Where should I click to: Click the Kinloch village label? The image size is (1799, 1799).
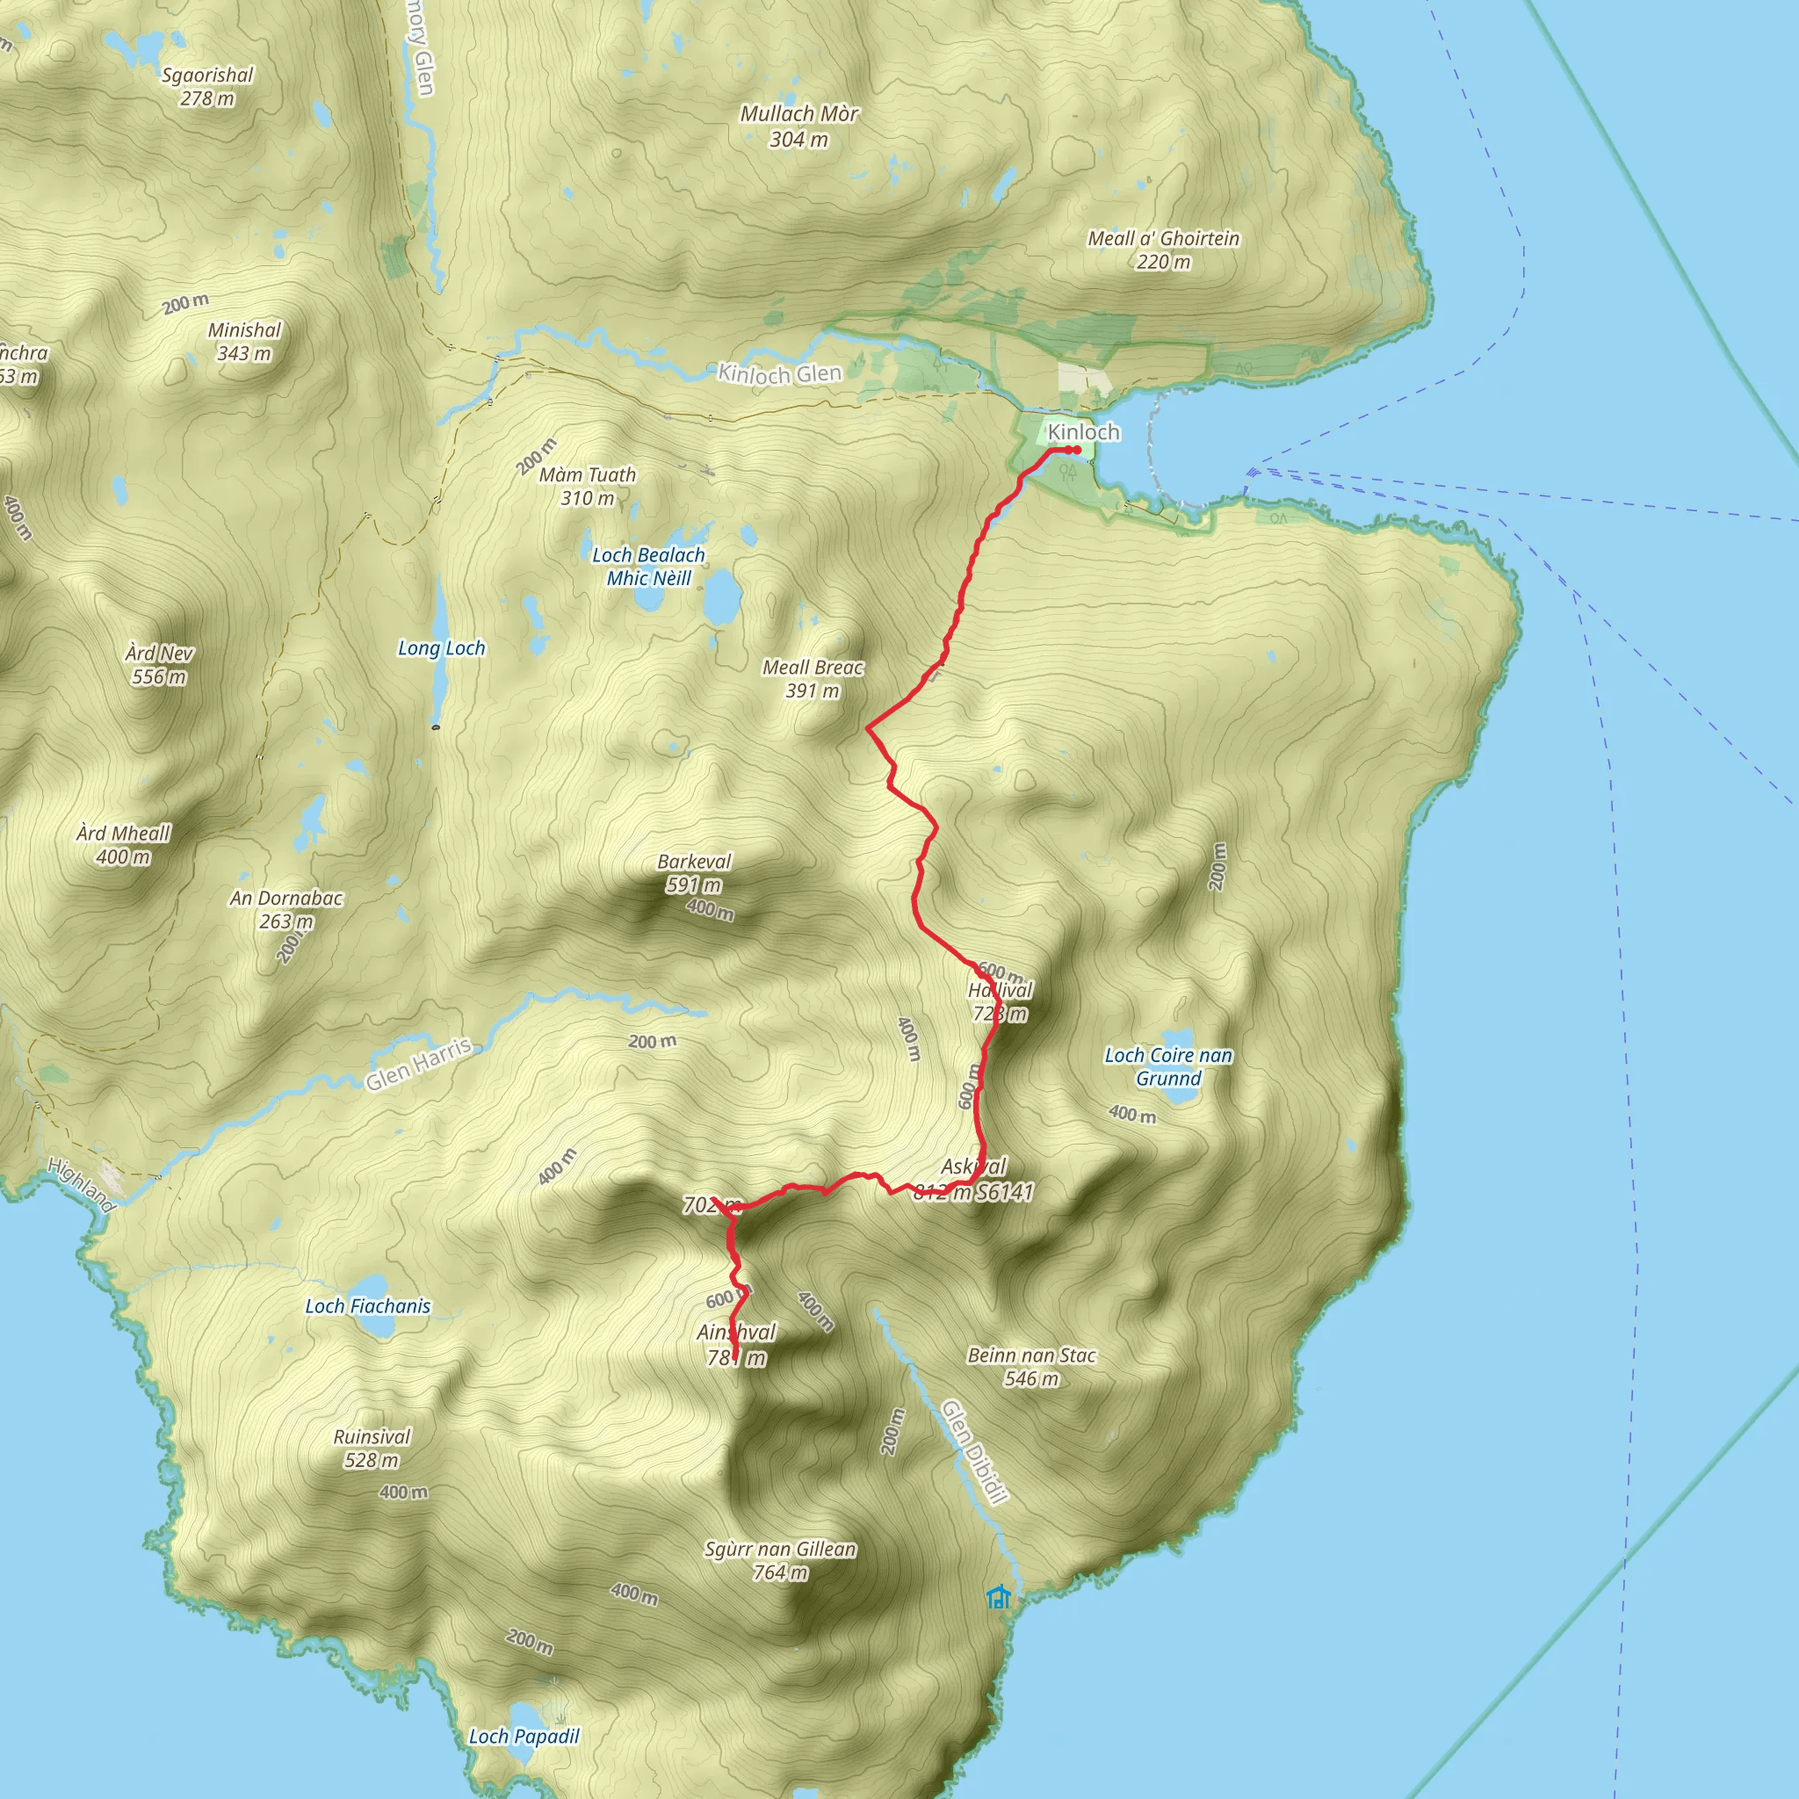pyautogui.click(x=1083, y=432)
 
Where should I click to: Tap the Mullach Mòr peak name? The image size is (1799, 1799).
pyautogui.click(x=799, y=126)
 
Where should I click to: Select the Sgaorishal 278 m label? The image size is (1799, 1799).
pyautogui.click(x=206, y=87)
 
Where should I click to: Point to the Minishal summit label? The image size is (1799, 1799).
pyautogui.click(x=244, y=341)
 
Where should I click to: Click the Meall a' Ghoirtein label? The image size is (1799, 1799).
pyautogui.click(x=1163, y=249)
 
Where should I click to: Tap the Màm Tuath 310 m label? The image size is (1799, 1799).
pyautogui.click(x=588, y=486)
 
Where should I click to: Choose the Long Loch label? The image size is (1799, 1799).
pyautogui.click(x=441, y=648)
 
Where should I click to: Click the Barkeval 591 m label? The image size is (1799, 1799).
pyautogui.click(x=694, y=872)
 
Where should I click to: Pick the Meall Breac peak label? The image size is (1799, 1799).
pyautogui.click(x=813, y=679)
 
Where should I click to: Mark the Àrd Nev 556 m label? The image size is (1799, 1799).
pyautogui.click(x=159, y=665)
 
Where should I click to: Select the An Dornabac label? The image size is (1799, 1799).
pyautogui.click(x=285, y=910)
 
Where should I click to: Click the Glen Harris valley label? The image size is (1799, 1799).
pyautogui.click(x=418, y=1064)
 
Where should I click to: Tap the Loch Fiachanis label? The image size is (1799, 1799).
pyautogui.click(x=368, y=1306)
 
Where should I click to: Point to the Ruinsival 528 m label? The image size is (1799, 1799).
pyautogui.click(x=372, y=1448)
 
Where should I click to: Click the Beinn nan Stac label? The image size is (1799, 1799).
pyautogui.click(x=1032, y=1367)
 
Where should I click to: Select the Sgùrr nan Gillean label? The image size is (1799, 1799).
pyautogui.click(x=780, y=1561)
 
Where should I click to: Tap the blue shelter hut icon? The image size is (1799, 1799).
pyautogui.click(x=998, y=1597)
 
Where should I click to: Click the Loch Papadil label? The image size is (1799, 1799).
pyautogui.click(x=524, y=1736)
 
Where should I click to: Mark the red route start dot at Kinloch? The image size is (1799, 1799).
pyautogui.click(x=1076, y=451)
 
